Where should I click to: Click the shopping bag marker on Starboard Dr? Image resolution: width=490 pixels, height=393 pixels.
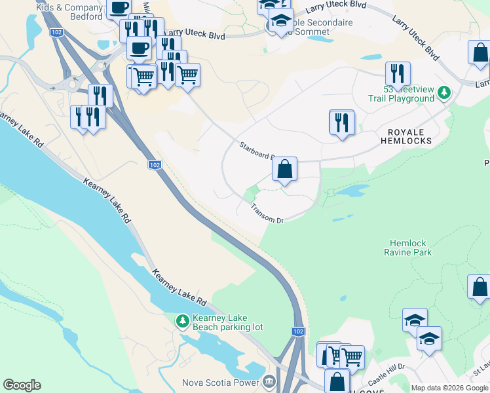[285, 170]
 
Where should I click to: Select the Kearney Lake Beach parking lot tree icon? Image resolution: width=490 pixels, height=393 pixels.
[183, 322]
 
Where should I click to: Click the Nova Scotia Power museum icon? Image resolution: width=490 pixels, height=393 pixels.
[269, 381]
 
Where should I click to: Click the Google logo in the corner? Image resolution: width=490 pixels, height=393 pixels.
[22, 385]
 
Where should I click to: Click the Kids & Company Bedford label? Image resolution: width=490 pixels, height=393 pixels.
[71, 12]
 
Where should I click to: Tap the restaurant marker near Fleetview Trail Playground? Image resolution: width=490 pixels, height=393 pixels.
[398, 74]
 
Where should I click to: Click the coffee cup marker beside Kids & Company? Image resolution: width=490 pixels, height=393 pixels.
[119, 9]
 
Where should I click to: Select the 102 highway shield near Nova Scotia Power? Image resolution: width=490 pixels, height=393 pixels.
[298, 332]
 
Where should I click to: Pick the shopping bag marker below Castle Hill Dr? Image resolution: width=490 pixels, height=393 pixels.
[337, 382]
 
